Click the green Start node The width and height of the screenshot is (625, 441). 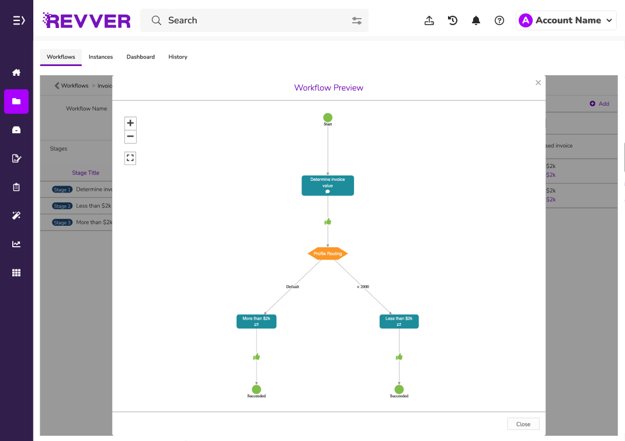pos(328,117)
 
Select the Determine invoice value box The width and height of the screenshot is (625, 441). pos(328,185)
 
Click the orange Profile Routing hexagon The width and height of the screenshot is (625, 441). pos(328,254)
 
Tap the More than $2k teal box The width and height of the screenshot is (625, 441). pos(256,321)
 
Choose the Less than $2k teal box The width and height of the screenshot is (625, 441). pos(399,321)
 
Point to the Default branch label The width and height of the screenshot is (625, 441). pos(293,287)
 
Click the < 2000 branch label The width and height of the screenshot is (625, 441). pos(363,287)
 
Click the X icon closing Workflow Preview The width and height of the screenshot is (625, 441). pos(538,83)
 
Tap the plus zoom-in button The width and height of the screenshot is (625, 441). pos(130,123)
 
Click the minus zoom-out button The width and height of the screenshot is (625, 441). pos(130,136)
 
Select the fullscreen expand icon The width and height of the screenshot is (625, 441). pos(130,158)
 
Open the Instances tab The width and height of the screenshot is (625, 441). pos(100,57)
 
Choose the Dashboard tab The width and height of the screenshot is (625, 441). pos(141,57)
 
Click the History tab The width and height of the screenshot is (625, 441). pos(178,57)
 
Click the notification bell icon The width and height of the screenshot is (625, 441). pos(476,20)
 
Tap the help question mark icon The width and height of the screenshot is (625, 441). pos(499,20)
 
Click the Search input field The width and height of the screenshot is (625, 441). pos(251,20)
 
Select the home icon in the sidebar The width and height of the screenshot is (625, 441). pos(16,72)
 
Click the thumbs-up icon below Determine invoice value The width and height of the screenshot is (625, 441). pos(328,222)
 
